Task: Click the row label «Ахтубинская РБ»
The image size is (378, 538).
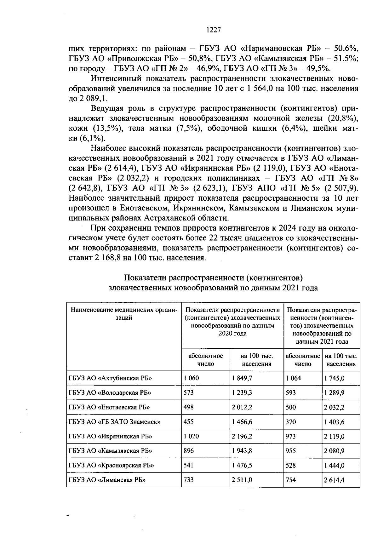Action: click(x=110, y=378)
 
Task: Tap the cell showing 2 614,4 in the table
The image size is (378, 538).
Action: click(x=334, y=480)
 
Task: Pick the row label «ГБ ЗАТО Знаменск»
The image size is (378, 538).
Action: click(x=114, y=422)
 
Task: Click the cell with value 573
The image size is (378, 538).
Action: click(x=189, y=393)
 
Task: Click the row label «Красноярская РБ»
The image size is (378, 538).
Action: click(x=111, y=465)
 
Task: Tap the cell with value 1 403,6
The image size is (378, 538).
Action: click(x=334, y=422)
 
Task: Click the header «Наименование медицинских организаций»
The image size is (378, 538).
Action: click(x=124, y=314)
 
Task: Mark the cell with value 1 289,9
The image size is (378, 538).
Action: click(x=334, y=393)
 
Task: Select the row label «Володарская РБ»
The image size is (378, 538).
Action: click(x=110, y=393)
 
